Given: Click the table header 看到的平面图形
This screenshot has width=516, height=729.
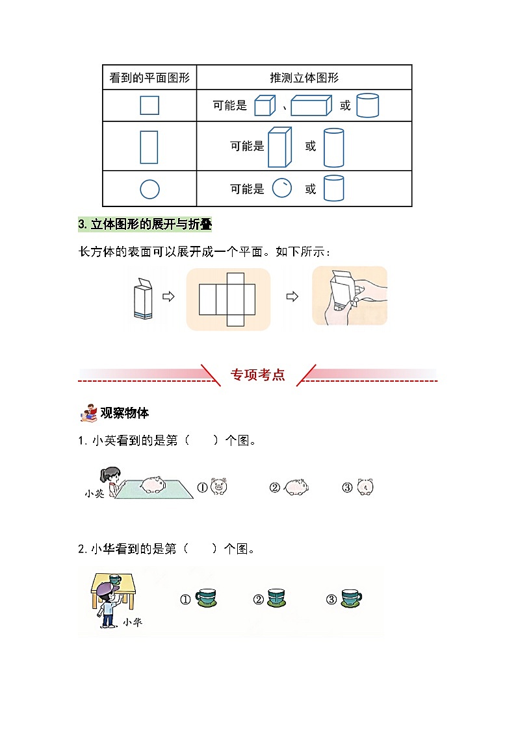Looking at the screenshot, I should pyautogui.click(x=149, y=78).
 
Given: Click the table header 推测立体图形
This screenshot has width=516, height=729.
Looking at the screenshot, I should pyautogui.click(x=304, y=78).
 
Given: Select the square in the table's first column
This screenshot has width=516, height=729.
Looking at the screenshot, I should pyautogui.click(x=149, y=105).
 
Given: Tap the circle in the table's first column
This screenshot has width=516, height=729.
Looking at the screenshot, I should pyautogui.click(x=149, y=189).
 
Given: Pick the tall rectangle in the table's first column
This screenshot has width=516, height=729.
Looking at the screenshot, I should pyautogui.click(x=149, y=147).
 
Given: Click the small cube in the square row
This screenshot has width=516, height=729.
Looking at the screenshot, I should pyautogui.click(x=264, y=105).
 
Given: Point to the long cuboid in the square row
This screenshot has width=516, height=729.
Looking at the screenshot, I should pyautogui.click(x=312, y=105).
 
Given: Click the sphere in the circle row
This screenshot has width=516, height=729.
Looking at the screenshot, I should pyautogui.click(x=282, y=188).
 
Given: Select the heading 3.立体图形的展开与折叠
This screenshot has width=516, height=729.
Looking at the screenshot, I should pyautogui.click(x=144, y=225).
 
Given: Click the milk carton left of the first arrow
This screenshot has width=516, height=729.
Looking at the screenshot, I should pyautogui.click(x=144, y=298).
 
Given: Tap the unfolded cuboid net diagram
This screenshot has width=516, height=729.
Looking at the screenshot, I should pyautogui.click(x=227, y=299).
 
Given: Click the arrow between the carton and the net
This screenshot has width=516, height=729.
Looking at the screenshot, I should pyautogui.click(x=168, y=297).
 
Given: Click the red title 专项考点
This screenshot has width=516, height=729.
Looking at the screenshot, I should pyautogui.click(x=258, y=375).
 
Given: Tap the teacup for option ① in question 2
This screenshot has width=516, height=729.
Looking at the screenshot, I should pyautogui.click(x=207, y=598).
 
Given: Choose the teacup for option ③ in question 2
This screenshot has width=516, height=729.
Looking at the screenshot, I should pyautogui.click(x=350, y=598).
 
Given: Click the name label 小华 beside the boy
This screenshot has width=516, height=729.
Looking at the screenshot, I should pyautogui.click(x=132, y=623).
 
